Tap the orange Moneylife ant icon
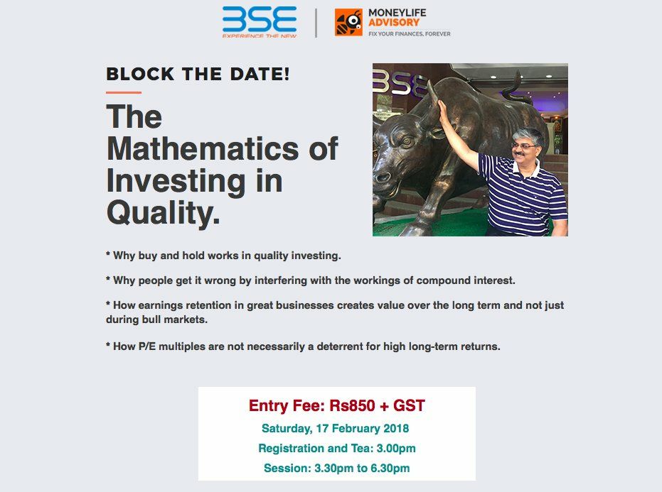348,22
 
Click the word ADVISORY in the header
394,22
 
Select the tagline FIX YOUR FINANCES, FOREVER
409,34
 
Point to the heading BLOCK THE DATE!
198,75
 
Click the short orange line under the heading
124,92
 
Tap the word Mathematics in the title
202,148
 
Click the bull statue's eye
407,141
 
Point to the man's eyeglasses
523,146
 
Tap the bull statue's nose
382,177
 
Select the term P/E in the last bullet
147,346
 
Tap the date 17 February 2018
362,428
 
